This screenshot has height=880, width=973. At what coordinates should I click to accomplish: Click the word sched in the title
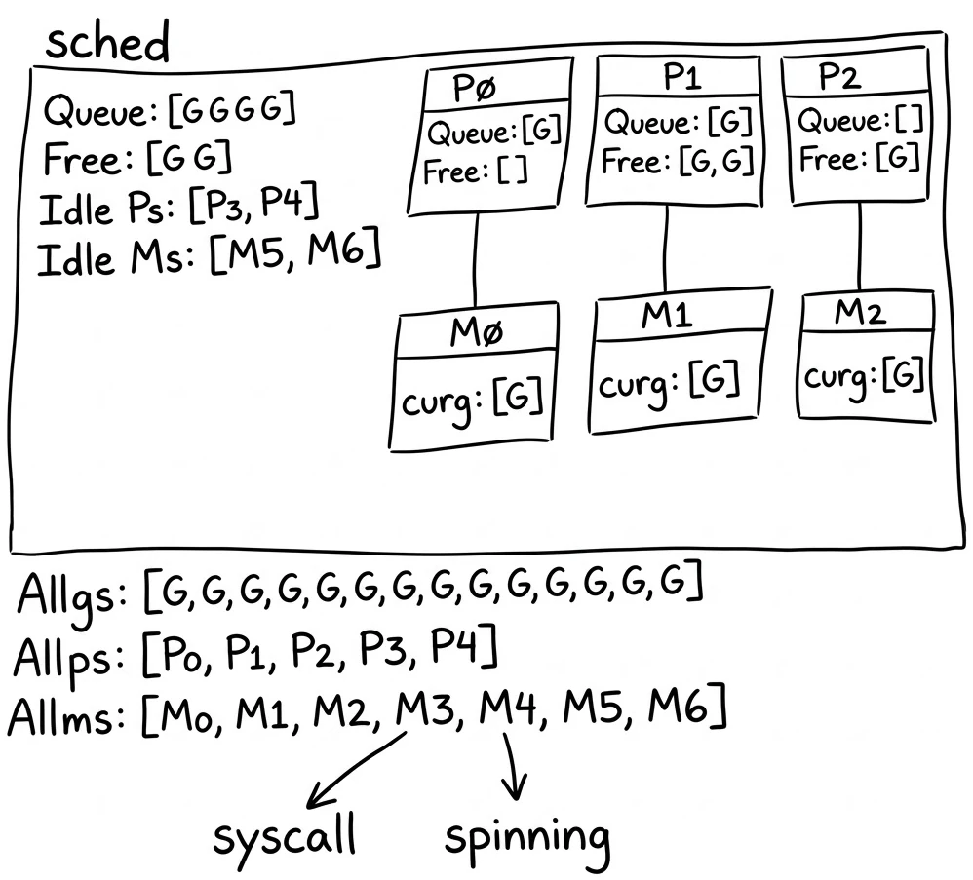coord(107,44)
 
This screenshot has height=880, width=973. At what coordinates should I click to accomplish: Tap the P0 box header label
coord(476,89)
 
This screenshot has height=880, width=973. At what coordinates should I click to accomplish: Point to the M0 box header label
coord(477,334)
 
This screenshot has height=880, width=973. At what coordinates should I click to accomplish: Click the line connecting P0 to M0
coord(476,258)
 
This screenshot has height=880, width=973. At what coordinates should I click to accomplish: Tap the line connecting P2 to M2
coord(859,249)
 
